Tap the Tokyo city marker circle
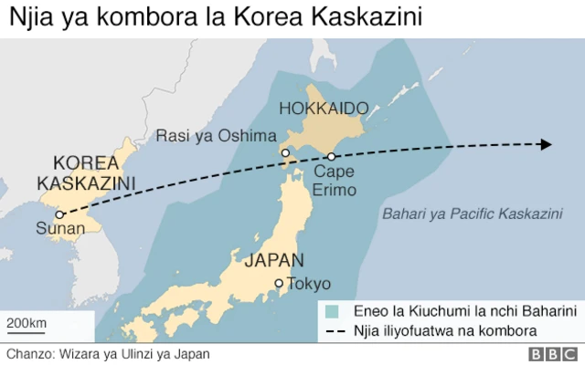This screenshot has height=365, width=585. [280, 284]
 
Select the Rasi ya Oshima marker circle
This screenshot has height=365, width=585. [286, 153]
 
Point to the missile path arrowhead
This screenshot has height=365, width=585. [546, 144]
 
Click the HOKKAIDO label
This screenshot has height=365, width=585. [326, 109]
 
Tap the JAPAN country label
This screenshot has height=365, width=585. [274, 260]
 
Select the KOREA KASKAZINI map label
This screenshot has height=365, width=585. [86, 173]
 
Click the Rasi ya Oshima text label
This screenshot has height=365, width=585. [216, 136]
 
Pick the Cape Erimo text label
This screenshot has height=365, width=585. [335, 181]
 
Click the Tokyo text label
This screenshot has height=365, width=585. [309, 284]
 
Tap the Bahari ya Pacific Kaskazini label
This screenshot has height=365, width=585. [471, 214]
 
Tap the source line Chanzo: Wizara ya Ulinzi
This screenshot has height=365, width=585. [108, 354]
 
